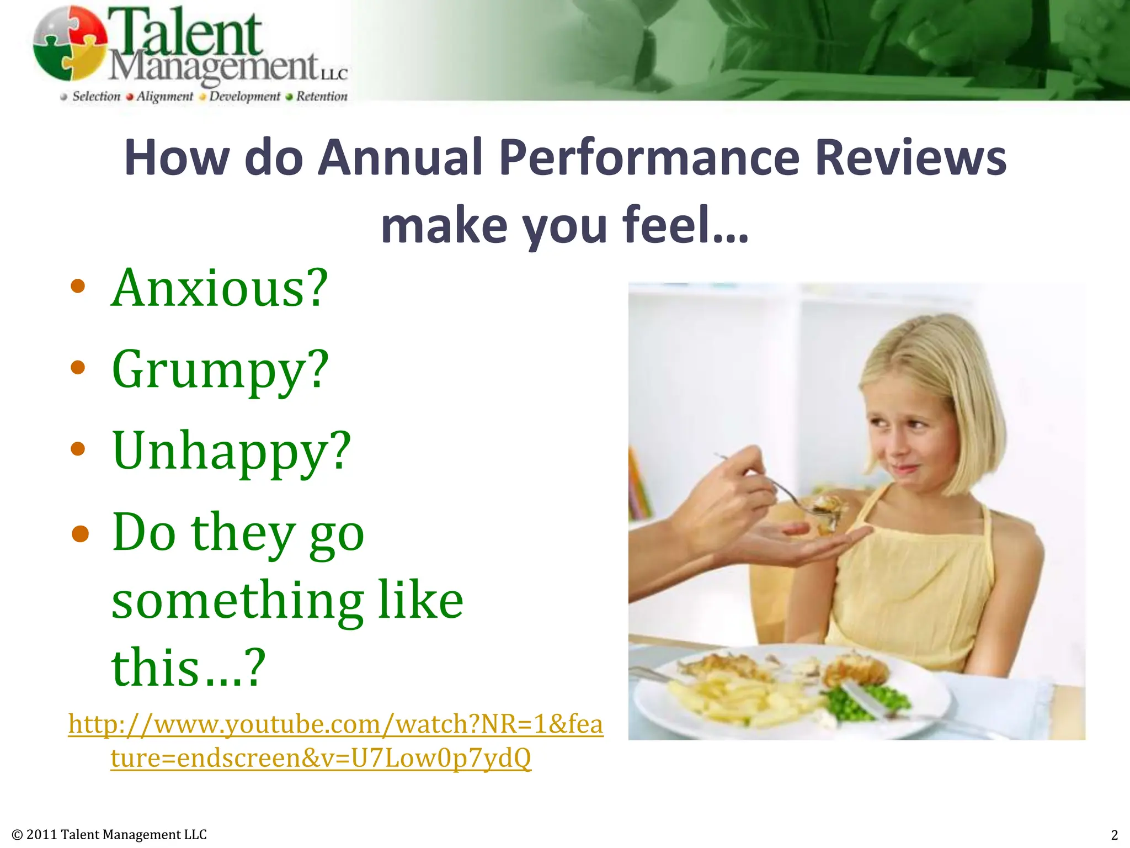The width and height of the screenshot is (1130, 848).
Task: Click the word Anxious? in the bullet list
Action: click(x=220, y=288)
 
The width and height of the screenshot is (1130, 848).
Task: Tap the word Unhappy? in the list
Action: click(x=231, y=452)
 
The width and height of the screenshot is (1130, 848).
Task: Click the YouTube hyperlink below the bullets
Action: click(x=335, y=740)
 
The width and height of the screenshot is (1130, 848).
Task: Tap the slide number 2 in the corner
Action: click(x=1114, y=835)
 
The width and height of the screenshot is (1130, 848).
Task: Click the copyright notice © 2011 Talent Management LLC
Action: click(x=109, y=835)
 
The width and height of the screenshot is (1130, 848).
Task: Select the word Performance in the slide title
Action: click(x=649, y=158)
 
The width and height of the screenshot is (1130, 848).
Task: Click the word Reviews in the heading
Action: click(x=910, y=158)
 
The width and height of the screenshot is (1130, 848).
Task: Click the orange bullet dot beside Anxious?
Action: click(x=78, y=286)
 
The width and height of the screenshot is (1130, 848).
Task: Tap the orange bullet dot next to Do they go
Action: click(x=80, y=533)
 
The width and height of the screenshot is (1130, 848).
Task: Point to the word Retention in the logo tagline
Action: click(x=322, y=97)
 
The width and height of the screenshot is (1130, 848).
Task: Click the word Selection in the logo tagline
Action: click(x=97, y=97)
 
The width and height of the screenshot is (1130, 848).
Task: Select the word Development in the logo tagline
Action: click(x=244, y=97)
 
